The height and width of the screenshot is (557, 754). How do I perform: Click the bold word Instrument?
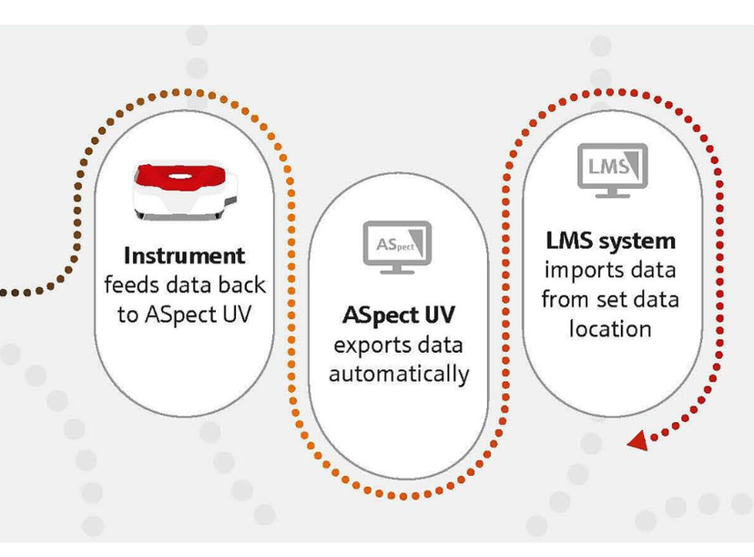click(185, 255)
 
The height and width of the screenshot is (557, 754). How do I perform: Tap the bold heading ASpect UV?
click(398, 316)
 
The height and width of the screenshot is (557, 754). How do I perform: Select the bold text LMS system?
click(611, 241)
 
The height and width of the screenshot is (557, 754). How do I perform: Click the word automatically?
click(399, 374)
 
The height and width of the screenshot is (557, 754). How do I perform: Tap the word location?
click(610, 328)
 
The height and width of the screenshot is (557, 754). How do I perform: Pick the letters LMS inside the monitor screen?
click(607, 167)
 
